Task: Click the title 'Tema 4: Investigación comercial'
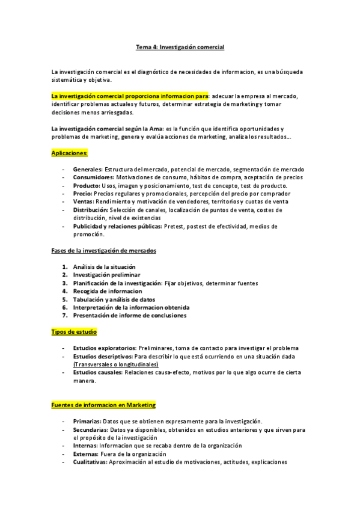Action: click(180, 46)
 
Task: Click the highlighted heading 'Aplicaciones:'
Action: click(70, 153)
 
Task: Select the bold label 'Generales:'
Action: click(88, 170)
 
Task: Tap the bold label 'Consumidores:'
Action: click(93, 177)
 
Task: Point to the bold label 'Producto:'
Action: click(87, 186)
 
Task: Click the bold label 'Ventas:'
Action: click(84, 202)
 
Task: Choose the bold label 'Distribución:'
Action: click(91, 210)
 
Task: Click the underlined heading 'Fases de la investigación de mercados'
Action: click(103, 250)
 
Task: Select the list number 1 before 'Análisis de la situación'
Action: click(64, 266)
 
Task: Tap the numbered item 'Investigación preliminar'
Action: click(106, 275)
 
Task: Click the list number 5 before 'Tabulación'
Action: click(64, 299)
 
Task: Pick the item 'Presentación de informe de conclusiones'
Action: click(129, 315)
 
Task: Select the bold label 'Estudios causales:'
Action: click(98, 372)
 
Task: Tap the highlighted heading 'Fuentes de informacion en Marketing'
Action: click(103, 405)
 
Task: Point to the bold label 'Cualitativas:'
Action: click(90, 462)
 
